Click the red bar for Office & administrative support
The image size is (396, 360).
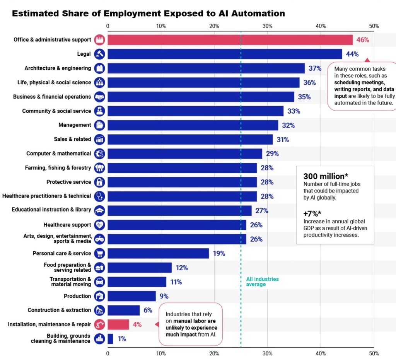[230, 40]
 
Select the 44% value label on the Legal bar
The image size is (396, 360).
[352, 54]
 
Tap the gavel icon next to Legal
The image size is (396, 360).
[99, 54]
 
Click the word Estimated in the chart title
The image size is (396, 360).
[36, 14]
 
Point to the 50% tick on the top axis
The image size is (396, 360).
[374, 26]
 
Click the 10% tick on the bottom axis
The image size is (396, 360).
[161, 353]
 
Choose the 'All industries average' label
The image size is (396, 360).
[262, 282]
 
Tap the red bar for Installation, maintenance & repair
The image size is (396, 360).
[118, 324]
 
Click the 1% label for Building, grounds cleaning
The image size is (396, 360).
[122, 339]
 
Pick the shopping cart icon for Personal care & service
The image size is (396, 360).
[99, 254]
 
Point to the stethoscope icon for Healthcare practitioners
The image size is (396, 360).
[99, 196]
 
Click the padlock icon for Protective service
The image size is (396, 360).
[99, 182]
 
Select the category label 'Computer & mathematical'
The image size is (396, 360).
[58, 154]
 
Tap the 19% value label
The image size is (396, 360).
[219, 254]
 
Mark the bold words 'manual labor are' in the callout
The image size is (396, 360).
[195, 321]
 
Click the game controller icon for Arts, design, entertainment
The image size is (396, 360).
[99, 239]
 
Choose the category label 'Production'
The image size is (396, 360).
[77, 296]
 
